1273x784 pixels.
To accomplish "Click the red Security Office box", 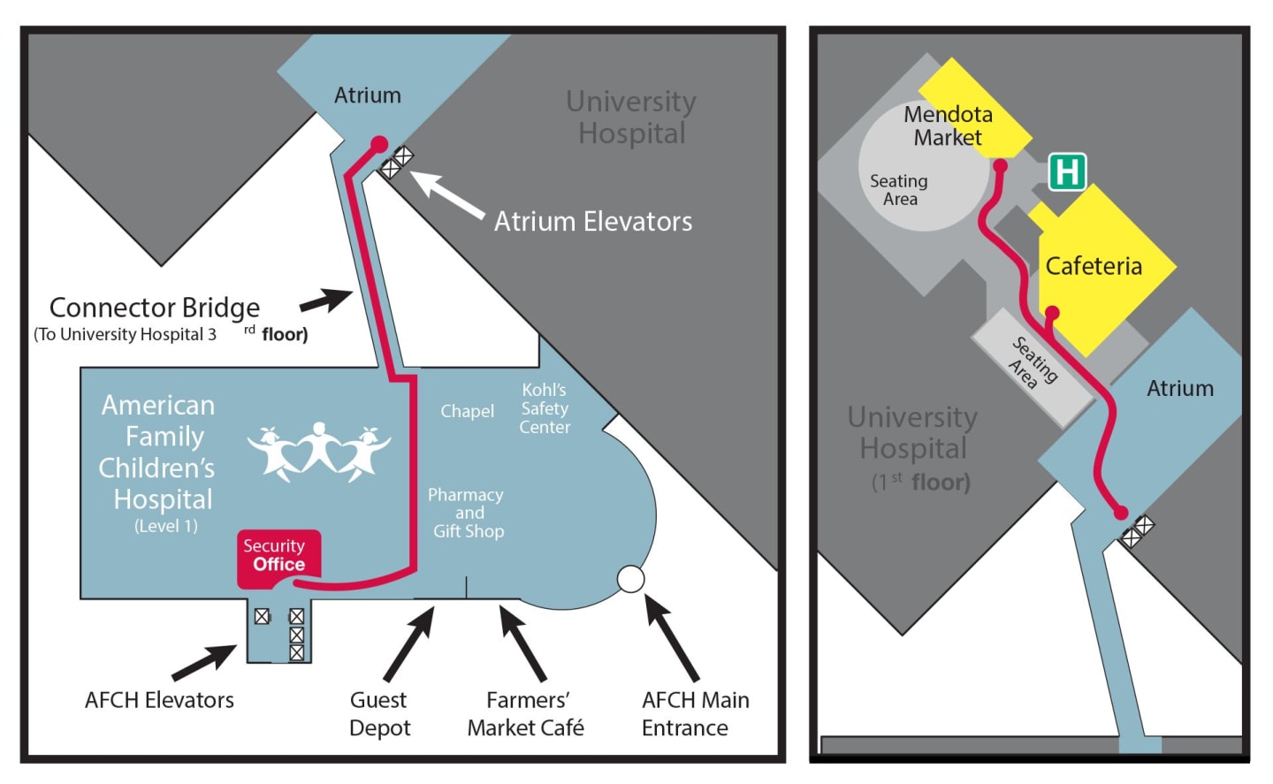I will (277, 557).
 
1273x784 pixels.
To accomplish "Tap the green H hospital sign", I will (1067, 171).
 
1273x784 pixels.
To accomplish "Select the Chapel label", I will (467, 411).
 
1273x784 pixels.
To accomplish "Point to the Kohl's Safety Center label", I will (545, 408).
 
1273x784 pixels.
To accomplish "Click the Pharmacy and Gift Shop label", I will (467, 513).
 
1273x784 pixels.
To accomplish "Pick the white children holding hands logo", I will (318, 452).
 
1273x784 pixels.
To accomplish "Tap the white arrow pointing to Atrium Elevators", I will (446, 194).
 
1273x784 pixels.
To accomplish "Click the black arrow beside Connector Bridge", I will (326, 300).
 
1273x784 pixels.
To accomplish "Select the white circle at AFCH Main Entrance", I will (630, 579).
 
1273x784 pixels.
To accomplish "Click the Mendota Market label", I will (948, 126).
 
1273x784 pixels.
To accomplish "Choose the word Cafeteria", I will (1094, 266).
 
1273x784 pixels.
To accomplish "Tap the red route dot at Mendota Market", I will (1001, 165).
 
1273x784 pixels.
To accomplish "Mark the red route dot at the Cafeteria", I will (1052, 312).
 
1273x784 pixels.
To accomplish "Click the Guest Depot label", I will (379, 714).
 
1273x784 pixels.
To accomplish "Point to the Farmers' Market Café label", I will (526, 714).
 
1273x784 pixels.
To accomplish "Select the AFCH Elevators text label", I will (159, 700).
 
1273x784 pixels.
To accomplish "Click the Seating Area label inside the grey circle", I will (899, 190).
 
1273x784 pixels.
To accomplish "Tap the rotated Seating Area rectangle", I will (1033, 364).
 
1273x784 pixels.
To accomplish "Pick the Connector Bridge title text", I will (155, 308).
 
